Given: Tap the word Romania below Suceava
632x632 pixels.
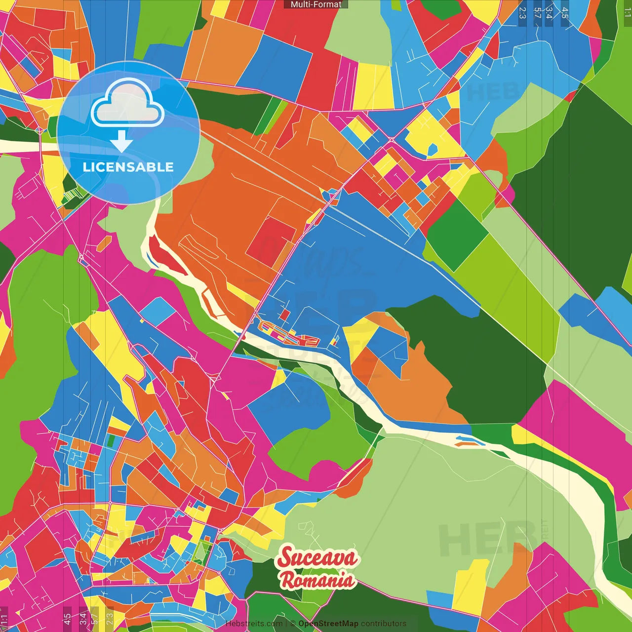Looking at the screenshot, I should [x=317, y=580].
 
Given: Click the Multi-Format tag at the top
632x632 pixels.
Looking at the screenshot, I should [x=316, y=4].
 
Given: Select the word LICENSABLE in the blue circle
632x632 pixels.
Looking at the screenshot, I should [x=128, y=167].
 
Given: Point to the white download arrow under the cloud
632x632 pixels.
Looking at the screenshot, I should [x=121, y=141].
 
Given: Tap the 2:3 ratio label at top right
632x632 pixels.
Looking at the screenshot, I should [x=522, y=13].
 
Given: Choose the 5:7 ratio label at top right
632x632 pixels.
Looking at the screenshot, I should [x=537, y=13].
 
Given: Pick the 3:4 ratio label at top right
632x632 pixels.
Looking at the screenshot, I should [x=549, y=13].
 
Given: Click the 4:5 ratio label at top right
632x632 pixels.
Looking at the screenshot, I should [x=565, y=13].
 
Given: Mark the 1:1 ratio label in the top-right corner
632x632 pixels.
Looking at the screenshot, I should [x=627, y=13].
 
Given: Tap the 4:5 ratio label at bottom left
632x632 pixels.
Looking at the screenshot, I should [x=67, y=618].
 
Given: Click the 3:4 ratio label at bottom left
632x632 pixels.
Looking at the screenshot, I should [x=83, y=618].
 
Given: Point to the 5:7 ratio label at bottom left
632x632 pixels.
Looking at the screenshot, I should [x=95, y=618].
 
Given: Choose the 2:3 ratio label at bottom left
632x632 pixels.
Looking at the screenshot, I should [x=110, y=618].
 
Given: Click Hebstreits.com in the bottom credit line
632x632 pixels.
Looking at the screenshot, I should [x=254, y=624].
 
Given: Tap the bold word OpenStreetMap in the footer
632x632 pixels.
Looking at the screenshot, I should [x=328, y=624].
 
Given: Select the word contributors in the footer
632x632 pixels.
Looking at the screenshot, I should [x=384, y=624].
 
